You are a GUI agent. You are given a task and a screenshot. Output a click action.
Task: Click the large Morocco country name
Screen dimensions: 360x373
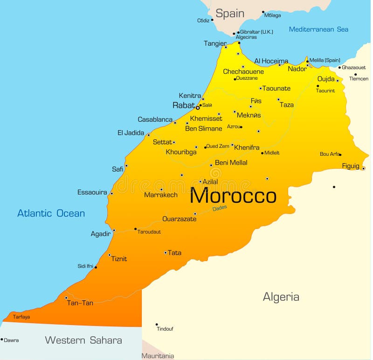coord(233,196)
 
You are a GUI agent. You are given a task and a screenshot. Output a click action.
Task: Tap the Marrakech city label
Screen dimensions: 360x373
coord(161,195)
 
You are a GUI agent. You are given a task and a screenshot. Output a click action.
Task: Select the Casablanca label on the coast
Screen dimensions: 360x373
coord(155,119)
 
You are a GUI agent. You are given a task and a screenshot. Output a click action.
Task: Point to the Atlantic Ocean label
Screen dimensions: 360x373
coord(51,213)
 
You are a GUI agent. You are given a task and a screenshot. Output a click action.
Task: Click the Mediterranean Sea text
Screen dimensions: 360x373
coord(318,29)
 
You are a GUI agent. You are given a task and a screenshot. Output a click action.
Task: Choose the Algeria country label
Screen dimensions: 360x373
coord(281,297)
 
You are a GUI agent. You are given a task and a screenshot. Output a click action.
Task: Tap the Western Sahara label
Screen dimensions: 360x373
coord(83,340)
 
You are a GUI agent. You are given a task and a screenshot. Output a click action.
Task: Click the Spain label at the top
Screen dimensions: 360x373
coord(230,14)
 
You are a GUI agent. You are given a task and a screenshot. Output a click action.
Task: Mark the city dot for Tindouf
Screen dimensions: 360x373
coord(157,324)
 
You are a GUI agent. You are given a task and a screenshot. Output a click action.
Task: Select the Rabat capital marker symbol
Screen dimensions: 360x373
coord(198,108)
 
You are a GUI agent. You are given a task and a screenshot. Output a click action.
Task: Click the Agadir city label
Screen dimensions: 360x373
coord(101,234)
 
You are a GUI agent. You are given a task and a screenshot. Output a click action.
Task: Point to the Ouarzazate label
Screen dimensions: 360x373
coord(180,219)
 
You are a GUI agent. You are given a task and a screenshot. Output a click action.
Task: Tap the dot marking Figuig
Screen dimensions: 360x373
coord(363,168)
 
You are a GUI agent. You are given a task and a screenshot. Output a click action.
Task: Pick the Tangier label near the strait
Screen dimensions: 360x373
coord(215,43)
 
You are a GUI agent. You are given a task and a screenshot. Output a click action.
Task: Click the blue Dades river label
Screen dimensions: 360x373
coord(220,208)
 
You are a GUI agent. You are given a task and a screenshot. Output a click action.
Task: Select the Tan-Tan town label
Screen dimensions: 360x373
coord(80,303)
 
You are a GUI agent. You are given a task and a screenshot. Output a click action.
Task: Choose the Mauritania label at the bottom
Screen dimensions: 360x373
coord(158,356)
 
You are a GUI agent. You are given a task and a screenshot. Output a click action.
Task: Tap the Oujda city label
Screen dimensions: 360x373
coord(326,79)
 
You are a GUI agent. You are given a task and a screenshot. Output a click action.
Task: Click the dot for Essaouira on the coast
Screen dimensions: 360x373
coord(111,193)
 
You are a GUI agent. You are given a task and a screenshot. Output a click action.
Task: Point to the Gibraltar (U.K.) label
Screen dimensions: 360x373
coord(256,32)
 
